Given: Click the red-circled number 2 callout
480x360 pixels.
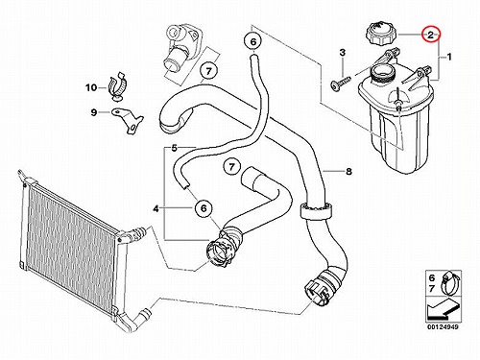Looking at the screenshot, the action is [x=431, y=35].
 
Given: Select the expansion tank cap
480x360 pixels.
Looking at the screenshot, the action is [x=382, y=35].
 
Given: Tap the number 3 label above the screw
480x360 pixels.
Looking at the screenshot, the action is [x=343, y=53].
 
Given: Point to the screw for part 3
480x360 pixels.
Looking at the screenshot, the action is [x=341, y=83].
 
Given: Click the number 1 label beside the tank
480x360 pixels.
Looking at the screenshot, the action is [x=449, y=58].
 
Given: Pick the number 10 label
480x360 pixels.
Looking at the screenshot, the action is [x=91, y=87].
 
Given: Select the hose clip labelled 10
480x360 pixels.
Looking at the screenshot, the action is [x=117, y=85].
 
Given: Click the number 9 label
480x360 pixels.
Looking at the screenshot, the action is [x=94, y=112].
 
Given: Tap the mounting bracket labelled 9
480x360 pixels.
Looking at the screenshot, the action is [x=128, y=121].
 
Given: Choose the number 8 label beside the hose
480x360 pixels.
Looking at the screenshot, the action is [x=348, y=171].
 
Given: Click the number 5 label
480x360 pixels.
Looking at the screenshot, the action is [x=175, y=148].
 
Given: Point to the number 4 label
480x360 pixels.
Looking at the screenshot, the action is [x=156, y=209].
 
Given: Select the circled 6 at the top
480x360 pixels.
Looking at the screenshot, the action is [x=252, y=41].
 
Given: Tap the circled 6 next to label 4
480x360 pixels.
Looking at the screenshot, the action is [x=204, y=208].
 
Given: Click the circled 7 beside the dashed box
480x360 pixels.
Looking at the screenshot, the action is [x=208, y=71].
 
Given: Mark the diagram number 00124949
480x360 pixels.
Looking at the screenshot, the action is [x=443, y=327].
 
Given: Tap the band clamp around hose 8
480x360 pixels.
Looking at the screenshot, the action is [x=316, y=210].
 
